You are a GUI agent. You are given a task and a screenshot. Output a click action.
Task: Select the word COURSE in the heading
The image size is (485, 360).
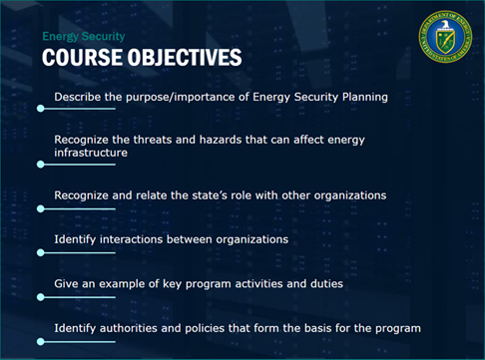click(x=83, y=57)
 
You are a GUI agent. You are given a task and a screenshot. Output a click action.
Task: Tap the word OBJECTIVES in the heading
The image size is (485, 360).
click(x=184, y=57)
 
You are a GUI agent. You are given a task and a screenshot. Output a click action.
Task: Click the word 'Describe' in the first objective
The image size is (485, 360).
click(x=76, y=97)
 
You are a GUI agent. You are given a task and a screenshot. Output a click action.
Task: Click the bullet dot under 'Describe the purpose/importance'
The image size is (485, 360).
click(x=41, y=108)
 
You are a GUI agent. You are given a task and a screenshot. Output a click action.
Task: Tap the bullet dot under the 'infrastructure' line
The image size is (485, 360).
click(x=41, y=166)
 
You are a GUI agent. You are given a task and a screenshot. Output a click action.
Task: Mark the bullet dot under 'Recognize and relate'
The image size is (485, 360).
click(x=41, y=208)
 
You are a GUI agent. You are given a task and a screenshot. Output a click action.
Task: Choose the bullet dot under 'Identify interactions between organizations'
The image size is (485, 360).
click(x=41, y=252)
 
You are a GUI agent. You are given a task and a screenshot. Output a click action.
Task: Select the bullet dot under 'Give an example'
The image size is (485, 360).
click(x=41, y=296)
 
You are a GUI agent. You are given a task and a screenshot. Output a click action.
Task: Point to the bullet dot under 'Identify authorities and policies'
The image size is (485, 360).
click(x=41, y=340)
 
